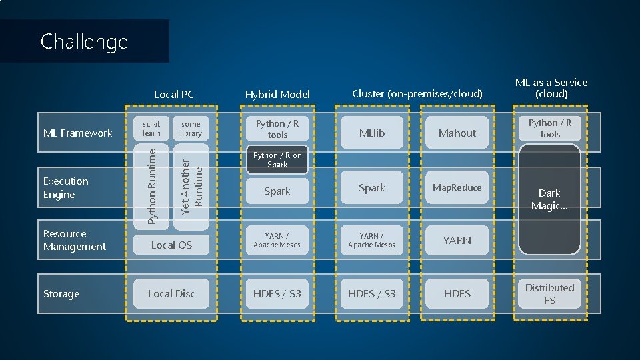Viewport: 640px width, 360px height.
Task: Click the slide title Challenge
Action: pyautogui.click(x=84, y=41)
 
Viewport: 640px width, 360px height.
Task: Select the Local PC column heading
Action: pyautogui.click(x=173, y=95)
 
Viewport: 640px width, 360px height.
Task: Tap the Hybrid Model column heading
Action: pyautogui.click(x=277, y=95)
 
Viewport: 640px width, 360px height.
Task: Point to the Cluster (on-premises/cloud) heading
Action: pyautogui.click(x=417, y=94)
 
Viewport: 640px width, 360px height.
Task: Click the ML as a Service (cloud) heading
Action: pyautogui.click(x=551, y=88)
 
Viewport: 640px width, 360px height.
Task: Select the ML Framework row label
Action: pyautogui.click(x=77, y=133)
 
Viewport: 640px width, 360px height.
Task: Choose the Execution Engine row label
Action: pyautogui.click(x=65, y=188)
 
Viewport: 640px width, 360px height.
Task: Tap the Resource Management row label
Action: pyautogui.click(x=74, y=240)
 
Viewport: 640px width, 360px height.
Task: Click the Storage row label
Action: pyautogui.click(x=61, y=294)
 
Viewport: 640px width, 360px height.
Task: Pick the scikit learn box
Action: pyautogui.click(x=152, y=129)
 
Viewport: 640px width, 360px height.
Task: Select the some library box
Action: pyautogui.click(x=191, y=129)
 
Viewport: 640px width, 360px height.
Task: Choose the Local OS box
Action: pyautogui.click(x=171, y=245)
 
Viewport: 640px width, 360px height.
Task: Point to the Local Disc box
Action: pyautogui.click(x=171, y=294)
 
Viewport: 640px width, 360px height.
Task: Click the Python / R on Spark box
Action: pyautogui.click(x=277, y=160)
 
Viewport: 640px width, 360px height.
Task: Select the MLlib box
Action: pyautogui.click(x=372, y=133)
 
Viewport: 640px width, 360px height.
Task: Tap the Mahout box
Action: pyautogui.click(x=457, y=133)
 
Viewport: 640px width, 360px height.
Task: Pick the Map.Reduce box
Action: pyautogui.click(x=457, y=188)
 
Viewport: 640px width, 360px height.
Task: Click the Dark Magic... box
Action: pyautogui.click(x=550, y=199)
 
